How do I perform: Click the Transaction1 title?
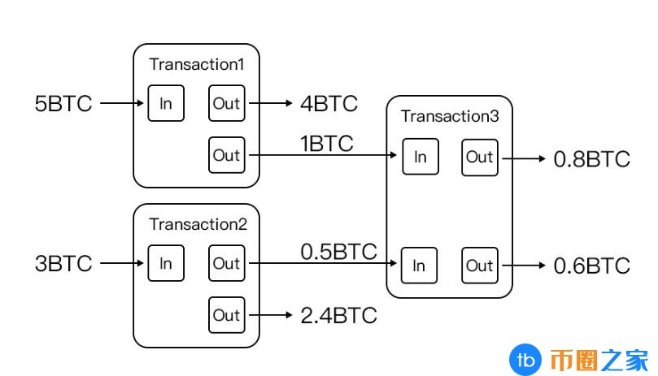coord(196,64)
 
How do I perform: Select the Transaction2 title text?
coord(198,224)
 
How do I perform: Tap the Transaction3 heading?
coord(450,116)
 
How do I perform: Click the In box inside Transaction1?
coord(166,103)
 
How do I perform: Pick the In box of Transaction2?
coord(166,263)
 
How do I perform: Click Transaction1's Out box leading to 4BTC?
coord(227,103)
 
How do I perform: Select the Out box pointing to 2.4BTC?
coord(227,315)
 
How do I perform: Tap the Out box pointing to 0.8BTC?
coord(480,158)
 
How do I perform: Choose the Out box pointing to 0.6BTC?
coord(480,266)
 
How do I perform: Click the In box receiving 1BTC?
coord(421,157)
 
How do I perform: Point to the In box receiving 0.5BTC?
coord(419,266)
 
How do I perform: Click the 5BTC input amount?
coord(63,103)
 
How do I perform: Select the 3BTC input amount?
coord(63,264)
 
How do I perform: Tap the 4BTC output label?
coord(329,103)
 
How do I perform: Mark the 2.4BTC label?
coord(338,315)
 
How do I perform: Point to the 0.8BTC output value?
coord(591,159)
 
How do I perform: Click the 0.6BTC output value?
coord(591,266)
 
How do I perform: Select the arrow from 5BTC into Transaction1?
coord(122,103)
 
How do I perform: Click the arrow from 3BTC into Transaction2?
coord(122,263)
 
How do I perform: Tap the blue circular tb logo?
coord(525,360)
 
